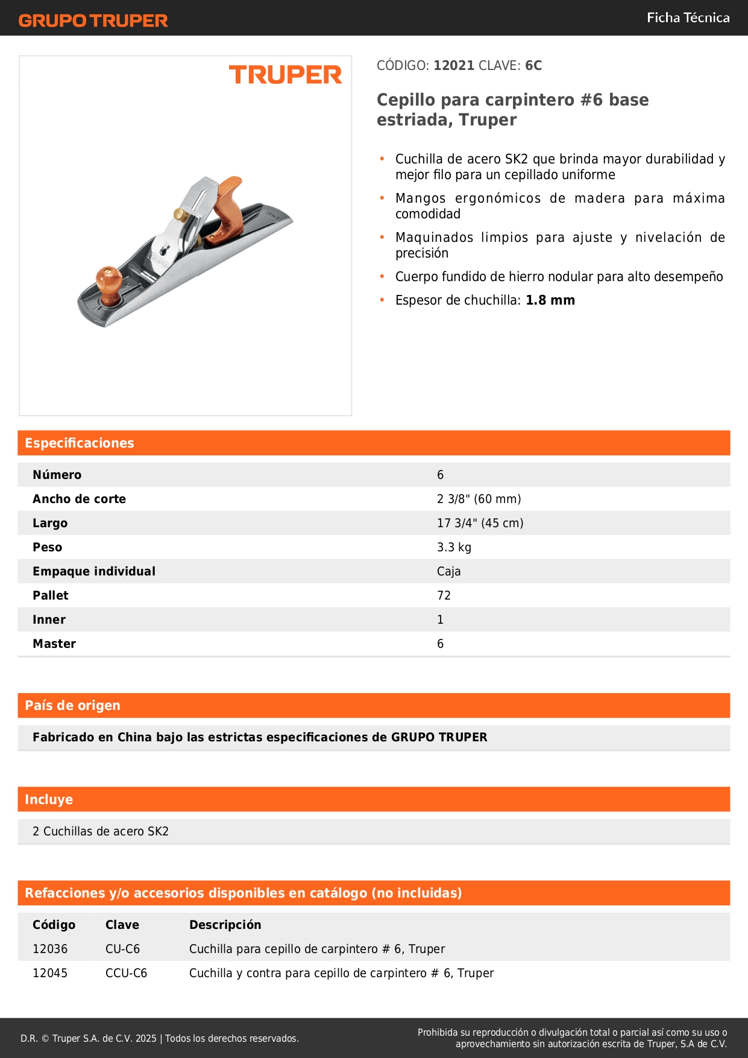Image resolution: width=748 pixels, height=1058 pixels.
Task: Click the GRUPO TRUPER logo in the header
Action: (93, 21)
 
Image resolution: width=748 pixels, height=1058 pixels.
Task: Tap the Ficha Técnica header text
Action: (688, 18)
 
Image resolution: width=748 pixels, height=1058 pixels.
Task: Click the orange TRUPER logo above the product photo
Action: (285, 75)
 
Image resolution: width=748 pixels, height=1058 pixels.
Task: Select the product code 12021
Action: (454, 66)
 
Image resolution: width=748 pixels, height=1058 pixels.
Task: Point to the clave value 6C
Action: (533, 66)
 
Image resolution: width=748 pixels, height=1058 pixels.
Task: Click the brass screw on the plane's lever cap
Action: (179, 214)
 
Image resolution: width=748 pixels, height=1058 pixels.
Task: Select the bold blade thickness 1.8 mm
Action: (550, 300)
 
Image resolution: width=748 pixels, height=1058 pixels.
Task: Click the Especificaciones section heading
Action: (80, 443)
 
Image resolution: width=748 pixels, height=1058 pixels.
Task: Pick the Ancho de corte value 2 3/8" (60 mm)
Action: (479, 499)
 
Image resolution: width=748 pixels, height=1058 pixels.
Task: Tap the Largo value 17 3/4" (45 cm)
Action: (480, 523)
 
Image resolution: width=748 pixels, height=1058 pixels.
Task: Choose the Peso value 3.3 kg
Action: (454, 547)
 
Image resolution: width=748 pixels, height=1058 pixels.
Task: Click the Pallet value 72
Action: (444, 595)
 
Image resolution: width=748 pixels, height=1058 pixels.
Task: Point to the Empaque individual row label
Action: (94, 571)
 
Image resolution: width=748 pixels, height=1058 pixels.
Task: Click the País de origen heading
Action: (73, 706)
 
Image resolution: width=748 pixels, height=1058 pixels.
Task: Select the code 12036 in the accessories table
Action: (50, 949)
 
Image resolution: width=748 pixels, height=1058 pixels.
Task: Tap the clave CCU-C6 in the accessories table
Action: (126, 973)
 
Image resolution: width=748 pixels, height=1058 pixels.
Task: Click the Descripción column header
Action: (225, 925)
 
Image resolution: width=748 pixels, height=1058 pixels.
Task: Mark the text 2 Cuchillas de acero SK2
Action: (101, 831)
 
